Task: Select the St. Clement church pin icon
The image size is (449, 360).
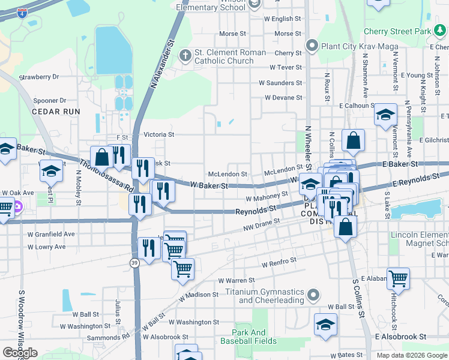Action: (185, 56)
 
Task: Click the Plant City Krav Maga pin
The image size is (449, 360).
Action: (312, 46)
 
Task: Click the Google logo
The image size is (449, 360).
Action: (20, 353)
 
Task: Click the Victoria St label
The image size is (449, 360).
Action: (159, 134)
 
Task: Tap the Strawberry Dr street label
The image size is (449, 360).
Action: (39, 77)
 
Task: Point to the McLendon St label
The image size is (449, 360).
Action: (228, 174)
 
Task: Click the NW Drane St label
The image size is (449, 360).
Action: (262, 224)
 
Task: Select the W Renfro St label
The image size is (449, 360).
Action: (279, 262)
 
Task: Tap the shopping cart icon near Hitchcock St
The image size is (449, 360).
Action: (398, 278)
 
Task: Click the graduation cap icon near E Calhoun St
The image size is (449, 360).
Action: (385, 115)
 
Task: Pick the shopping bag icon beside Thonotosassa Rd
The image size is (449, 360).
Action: (102, 157)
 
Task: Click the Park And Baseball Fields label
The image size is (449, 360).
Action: (255, 337)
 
